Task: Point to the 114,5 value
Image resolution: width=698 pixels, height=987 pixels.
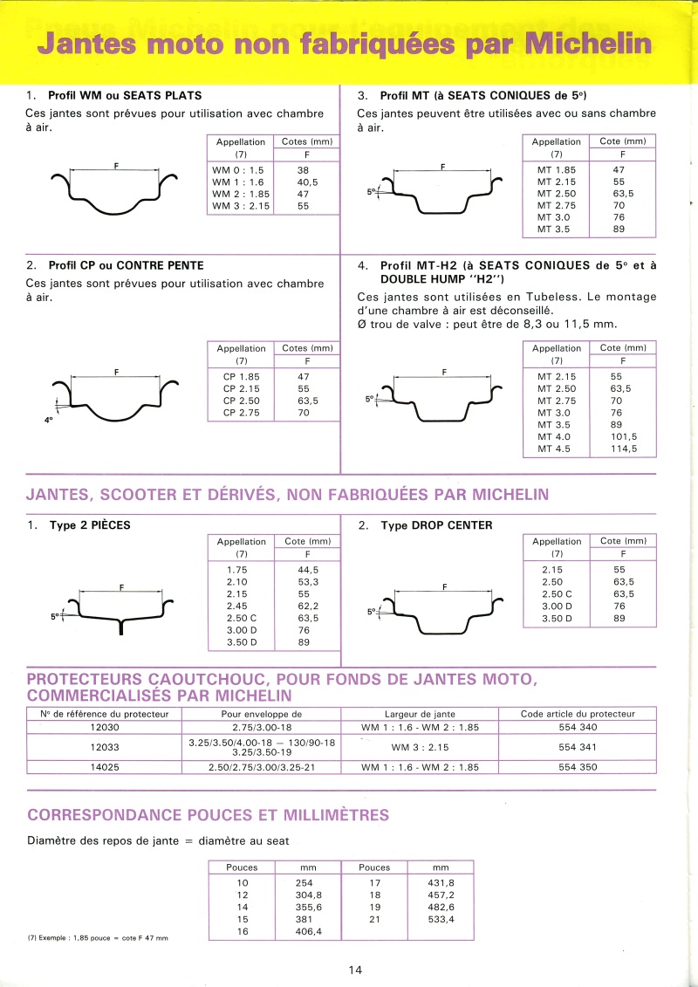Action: pos(623,449)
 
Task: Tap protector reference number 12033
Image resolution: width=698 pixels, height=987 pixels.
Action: pos(104,747)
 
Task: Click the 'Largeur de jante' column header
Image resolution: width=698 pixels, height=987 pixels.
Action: pos(420,714)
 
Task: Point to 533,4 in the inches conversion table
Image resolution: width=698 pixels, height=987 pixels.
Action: pos(440,920)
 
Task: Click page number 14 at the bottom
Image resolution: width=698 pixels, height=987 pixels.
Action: pos(354,969)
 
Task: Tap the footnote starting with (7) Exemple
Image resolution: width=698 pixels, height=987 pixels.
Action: pos(98,938)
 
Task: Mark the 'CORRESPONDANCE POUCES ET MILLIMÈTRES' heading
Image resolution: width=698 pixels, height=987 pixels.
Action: pos(209,815)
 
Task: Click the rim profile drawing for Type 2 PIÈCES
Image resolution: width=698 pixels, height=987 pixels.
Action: pos(120,609)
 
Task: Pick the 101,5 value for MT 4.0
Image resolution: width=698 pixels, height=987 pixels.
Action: pos(623,437)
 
